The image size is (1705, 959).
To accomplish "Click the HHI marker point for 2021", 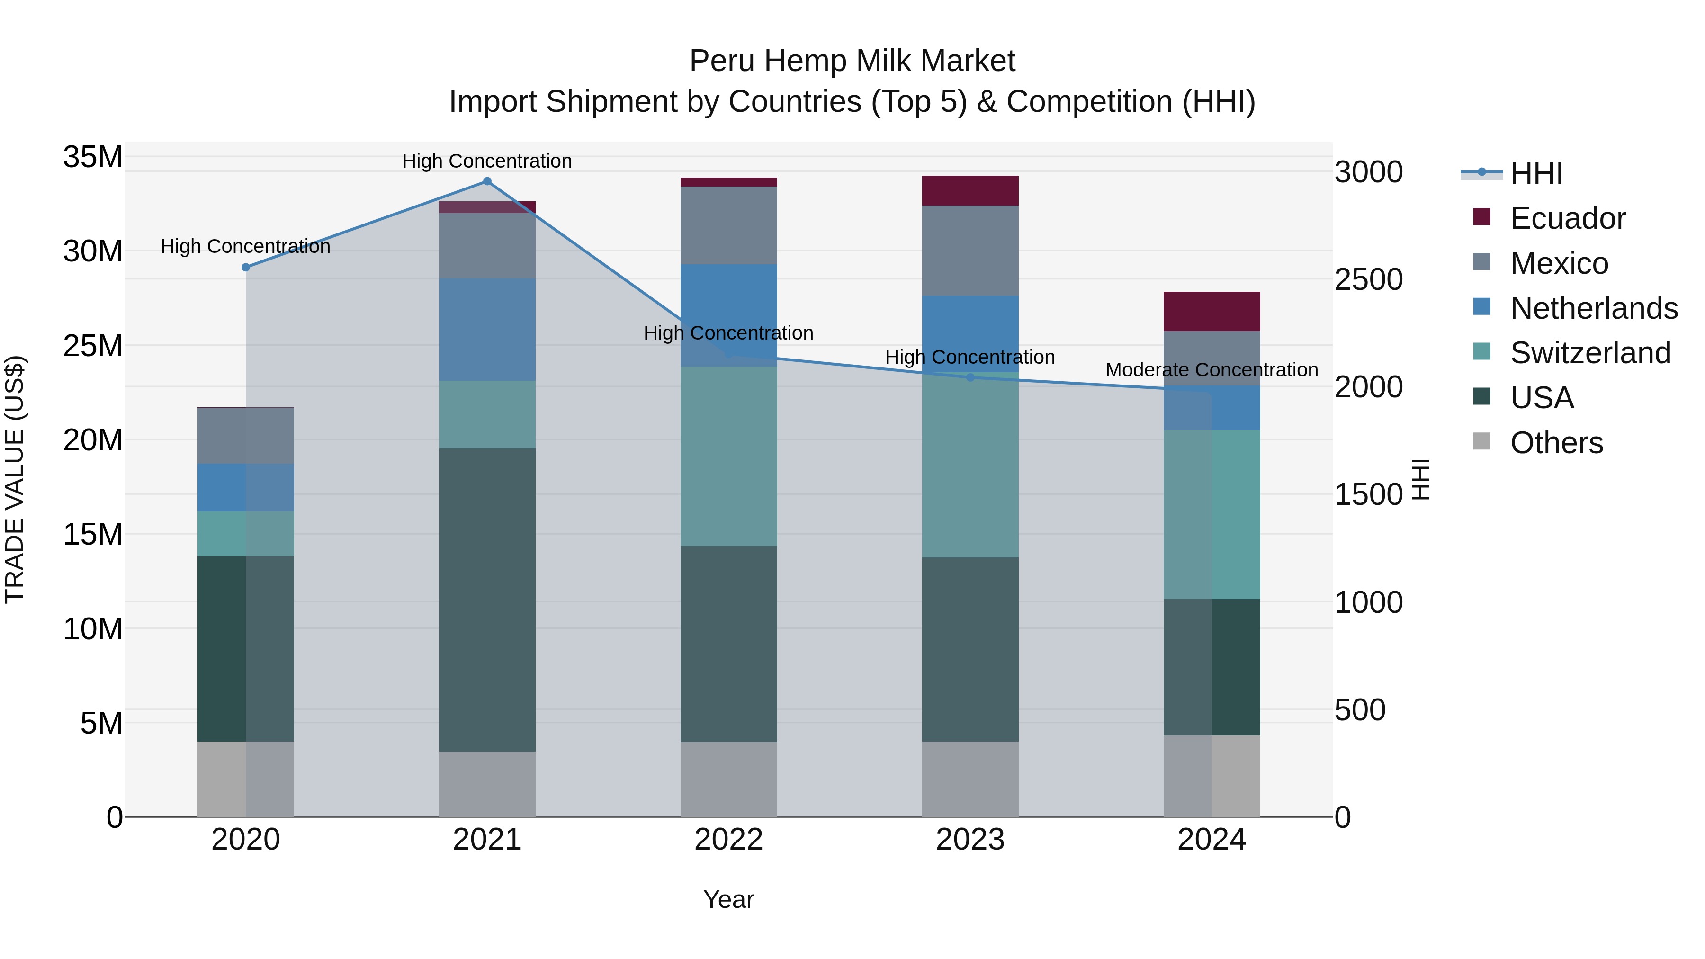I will tap(487, 181).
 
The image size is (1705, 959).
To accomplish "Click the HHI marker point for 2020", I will tap(245, 268).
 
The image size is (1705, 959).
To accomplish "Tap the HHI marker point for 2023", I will tap(970, 377).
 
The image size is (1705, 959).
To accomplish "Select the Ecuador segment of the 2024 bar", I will tap(1212, 311).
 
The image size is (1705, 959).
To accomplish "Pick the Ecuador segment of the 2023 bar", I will tap(970, 190).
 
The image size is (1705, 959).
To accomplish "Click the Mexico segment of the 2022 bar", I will tap(729, 225).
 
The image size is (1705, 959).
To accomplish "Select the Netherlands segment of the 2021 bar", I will tap(487, 330).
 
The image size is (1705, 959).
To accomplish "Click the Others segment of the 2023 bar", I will tap(970, 779).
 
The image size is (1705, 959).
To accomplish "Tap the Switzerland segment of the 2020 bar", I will tap(245, 533).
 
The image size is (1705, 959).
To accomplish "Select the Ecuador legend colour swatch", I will tap(1482, 217).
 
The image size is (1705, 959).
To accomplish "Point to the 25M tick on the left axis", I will tap(93, 346).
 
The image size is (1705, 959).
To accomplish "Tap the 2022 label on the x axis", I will tap(729, 840).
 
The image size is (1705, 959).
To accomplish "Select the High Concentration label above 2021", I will tap(487, 161).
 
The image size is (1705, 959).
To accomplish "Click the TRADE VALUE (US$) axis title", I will tap(15, 479).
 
